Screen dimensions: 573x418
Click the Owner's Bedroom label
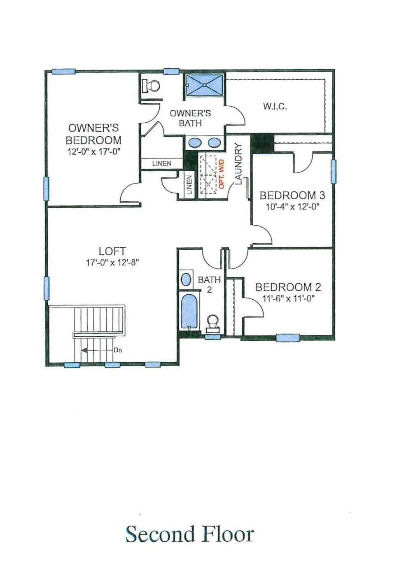click(x=93, y=134)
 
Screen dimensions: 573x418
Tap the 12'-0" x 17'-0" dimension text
click(x=93, y=151)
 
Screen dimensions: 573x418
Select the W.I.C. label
click(x=275, y=107)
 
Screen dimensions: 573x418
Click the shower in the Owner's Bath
click(x=204, y=85)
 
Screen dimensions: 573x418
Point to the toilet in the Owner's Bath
click(x=151, y=86)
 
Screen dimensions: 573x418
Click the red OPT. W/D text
click(x=222, y=174)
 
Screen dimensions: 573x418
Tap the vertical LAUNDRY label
click(x=238, y=163)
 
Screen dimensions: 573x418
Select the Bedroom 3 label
click(x=292, y=195)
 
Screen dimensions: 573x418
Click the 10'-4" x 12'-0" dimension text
click(x=292, y=207)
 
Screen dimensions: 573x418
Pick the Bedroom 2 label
click(x=288, y=287)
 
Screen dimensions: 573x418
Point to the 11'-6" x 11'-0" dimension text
click(x=288, y=298)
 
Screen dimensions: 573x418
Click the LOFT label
click(x=112, y=251)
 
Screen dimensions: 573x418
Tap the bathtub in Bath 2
click(x=189, y=311)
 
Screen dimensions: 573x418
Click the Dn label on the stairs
click(x=118, y=351)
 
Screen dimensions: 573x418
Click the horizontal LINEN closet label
click(x=162, y=163)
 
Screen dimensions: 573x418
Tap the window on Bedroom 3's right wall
click(x=333, y=171)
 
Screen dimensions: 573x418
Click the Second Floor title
click(x=189, y=534)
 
